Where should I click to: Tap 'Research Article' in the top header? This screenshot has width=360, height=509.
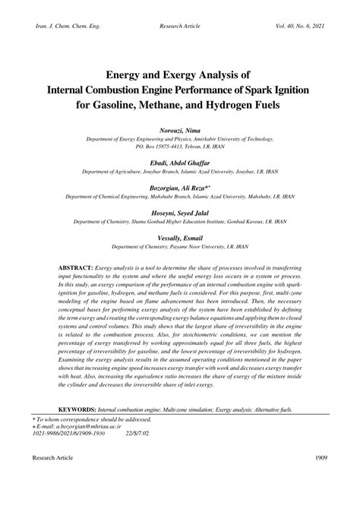click(180, 27)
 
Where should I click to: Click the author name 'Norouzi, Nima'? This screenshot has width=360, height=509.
click(180, 131)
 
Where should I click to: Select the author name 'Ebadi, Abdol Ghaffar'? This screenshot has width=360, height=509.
click(180, 163)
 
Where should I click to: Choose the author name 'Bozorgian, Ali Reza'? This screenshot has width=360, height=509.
click(178, 187)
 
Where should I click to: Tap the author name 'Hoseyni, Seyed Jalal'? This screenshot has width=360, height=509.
click(180, 213)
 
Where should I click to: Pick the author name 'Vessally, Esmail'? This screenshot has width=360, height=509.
click(180, 238)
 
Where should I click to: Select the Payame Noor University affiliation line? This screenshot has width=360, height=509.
click(180, 247)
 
